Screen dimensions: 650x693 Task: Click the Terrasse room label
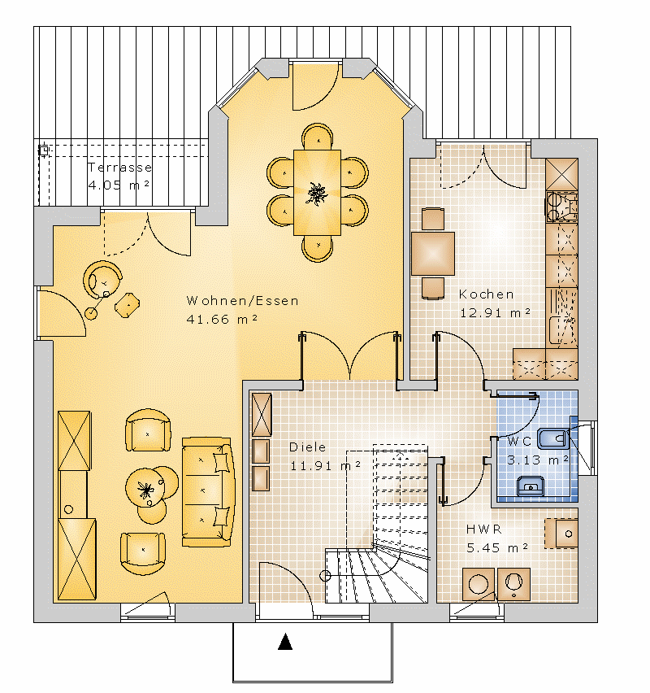pos(119,168)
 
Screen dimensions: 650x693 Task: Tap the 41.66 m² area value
pos(222,319)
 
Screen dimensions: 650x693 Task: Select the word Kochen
pos(486,294)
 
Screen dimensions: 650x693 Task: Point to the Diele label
pos(307,447)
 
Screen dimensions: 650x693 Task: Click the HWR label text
pos(484,529)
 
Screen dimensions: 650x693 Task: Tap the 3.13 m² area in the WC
pos(537,460)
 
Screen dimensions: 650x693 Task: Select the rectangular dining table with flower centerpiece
pos(317,193)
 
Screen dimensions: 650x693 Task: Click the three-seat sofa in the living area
pos(207,492)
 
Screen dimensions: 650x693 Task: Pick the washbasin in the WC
pos(531,486)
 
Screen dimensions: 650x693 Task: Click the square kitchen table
pos(433,254)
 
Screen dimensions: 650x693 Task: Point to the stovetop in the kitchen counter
pos(561,207)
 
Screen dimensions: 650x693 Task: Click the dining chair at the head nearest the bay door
pos(318,136)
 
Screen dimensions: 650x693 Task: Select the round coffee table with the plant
pos(145,488)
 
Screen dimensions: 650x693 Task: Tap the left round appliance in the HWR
pos(479,584)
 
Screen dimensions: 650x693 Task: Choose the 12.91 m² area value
pos(495,313)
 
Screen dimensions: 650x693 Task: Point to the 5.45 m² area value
pos(497,548)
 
